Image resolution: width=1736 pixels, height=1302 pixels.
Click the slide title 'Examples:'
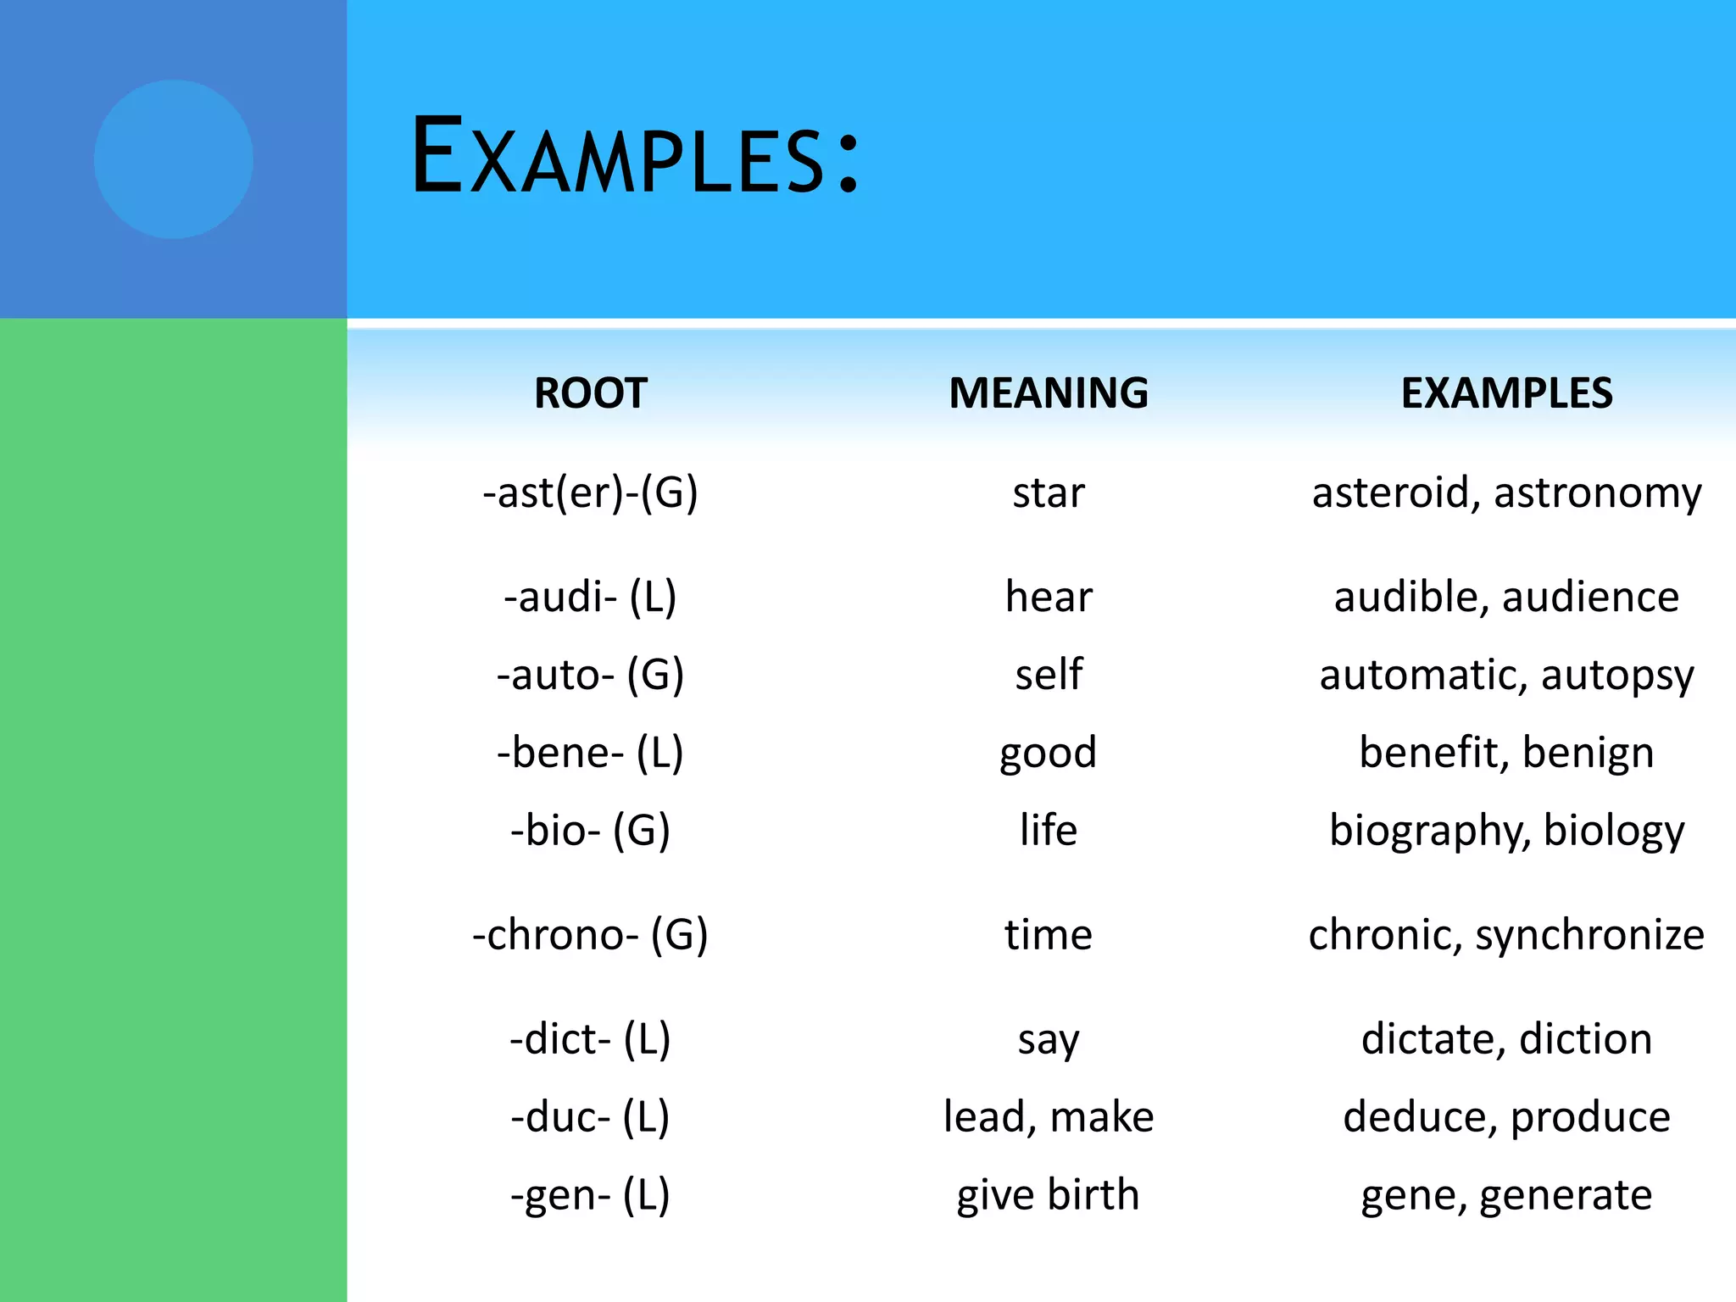coord(636,158)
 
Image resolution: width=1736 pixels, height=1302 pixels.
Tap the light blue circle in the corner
coord(173,159)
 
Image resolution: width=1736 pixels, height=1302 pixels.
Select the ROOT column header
coord(591,393)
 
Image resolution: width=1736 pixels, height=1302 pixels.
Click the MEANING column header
coord(1049,393)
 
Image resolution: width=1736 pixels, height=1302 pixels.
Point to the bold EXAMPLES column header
coord(1506,393)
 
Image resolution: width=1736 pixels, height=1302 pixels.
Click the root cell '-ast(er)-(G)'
coord(591,493)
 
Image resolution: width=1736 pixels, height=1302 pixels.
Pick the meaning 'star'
coord(1049,493)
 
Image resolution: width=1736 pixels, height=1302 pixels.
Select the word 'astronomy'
coord(1597,493)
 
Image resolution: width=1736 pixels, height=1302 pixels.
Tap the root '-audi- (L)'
coord(591,597)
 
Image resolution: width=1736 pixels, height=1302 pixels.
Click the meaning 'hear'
coord(1049,597)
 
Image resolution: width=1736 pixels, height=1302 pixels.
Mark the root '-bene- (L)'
coord(591,753)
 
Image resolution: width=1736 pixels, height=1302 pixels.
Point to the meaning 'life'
coord(1049,830)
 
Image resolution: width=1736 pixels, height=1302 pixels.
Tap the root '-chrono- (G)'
coord(591,935)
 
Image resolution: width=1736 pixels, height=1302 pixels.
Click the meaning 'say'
coord(1049,1040)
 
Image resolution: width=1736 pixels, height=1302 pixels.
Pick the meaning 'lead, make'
coord(1049,1117)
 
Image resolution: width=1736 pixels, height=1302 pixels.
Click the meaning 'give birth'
coord(1049,1195)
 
